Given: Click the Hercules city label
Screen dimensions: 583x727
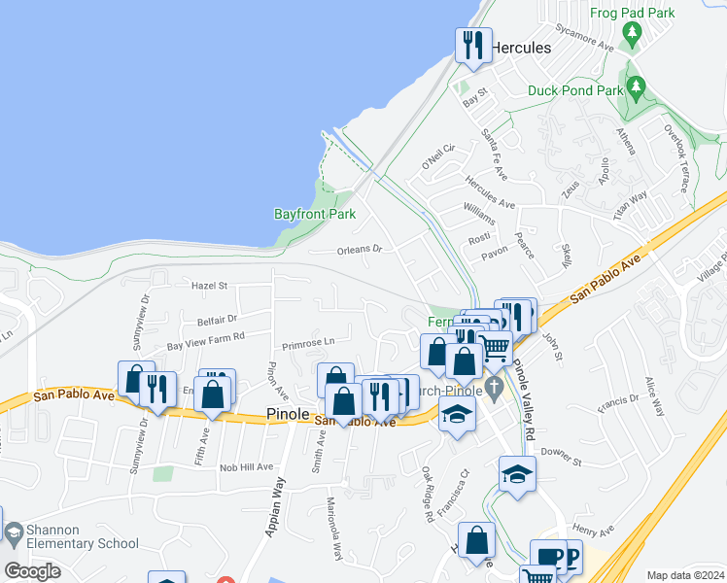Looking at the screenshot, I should (x=520, y=48).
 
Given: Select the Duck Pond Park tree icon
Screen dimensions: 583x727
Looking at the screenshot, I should (x=637, y=87).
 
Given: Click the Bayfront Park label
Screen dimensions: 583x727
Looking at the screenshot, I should (x=314, y=214).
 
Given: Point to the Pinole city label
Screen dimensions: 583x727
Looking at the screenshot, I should (x=288, y=414).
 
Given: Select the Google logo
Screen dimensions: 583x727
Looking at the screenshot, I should (x=32, y=571).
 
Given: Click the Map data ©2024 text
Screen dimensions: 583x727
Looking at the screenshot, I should (x=684, y=575).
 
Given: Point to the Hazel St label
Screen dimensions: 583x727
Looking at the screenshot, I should (x=209, y=286).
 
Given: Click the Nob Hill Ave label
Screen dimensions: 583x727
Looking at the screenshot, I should (x=246, y=467).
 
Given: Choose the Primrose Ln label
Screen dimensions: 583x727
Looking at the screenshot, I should (x=308, y=342).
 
